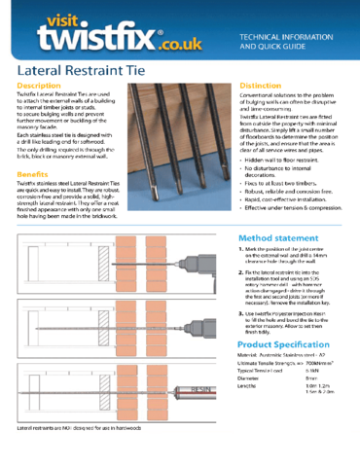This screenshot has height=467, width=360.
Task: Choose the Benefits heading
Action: [33, 174]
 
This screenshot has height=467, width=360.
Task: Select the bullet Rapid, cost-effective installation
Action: [298, 214]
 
